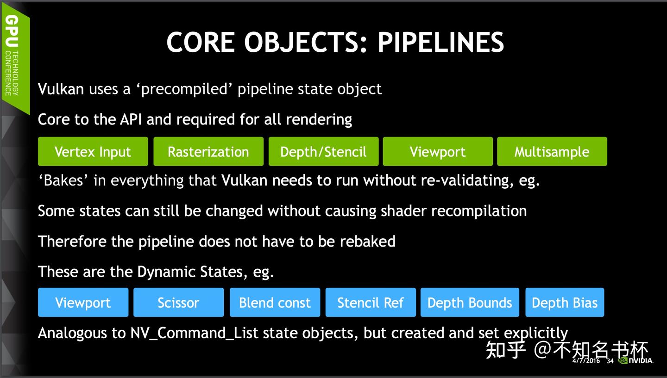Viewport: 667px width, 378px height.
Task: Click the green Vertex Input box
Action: coord(93,152)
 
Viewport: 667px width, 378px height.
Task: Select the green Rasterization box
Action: coord(208,152)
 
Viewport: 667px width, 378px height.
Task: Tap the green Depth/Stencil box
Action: coord(323,152)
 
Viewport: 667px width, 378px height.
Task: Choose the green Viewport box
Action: coord(438,152)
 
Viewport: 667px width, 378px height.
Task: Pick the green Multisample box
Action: coord(552,152)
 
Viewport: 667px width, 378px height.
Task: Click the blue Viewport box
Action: coord(83,303)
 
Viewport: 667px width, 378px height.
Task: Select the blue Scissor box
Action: coord(178,303)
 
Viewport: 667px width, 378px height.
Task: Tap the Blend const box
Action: coord(275,303)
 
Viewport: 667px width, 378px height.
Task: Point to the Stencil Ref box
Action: coord(371,303)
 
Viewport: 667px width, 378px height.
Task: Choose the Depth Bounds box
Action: coord(470,303)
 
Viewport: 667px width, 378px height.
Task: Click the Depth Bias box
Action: coord(565,303)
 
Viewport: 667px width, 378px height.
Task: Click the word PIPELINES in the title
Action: coord(440,43)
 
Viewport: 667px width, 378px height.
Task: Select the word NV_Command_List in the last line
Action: coord(194,333)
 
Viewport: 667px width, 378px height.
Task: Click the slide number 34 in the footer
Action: coord(610,361)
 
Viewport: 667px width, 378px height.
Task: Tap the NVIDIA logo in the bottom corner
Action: coord(636,360)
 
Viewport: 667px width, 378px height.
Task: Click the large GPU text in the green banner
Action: coord(12,32)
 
